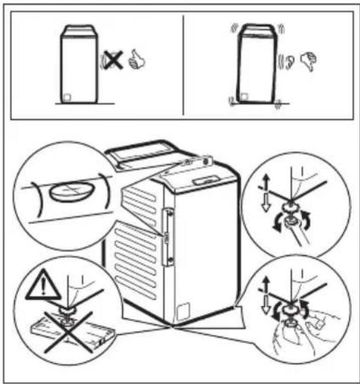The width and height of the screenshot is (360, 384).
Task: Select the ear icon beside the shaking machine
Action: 288,64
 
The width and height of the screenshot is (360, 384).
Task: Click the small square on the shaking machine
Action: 244,97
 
